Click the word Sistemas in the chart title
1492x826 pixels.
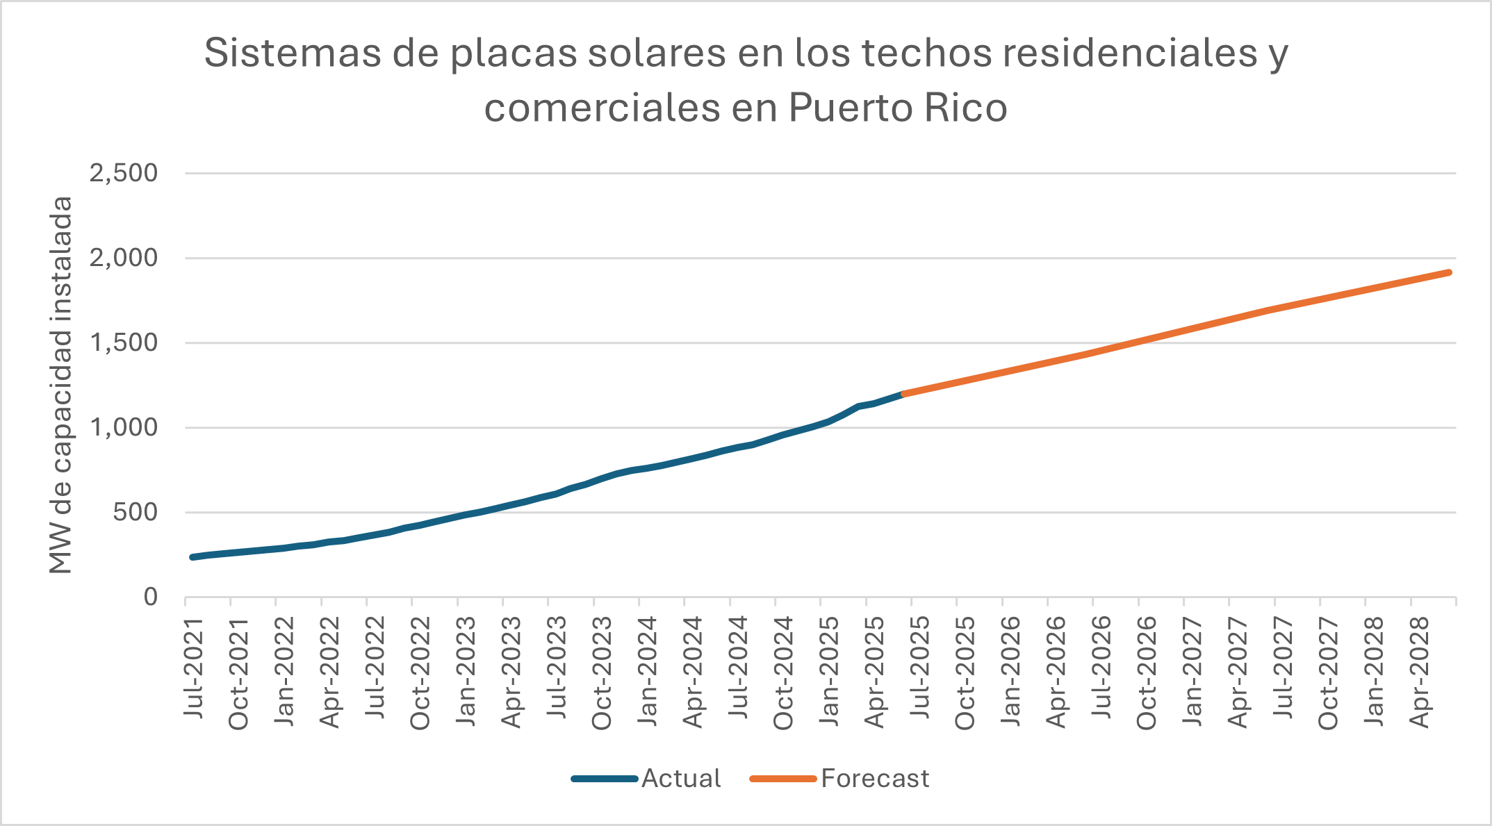click(292, 53)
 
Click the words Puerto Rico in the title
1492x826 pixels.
click(897, 108)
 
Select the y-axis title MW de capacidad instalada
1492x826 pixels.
click(61, 385)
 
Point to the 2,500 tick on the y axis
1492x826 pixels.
click(124, 173)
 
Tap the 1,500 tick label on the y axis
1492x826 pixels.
click(124, 342)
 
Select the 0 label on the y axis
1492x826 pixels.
click(150, 597)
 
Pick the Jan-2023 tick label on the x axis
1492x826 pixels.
click(466, 671)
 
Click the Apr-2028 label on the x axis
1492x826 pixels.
click(1420, 671)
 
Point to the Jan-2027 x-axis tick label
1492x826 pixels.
click(1192, 671)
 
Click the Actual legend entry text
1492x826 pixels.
click(681, 779)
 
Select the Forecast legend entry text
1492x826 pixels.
click(875, 779)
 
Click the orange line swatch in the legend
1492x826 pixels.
click(783, 779)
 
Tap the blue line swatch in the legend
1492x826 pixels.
click(605, 779)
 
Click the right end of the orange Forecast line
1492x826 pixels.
click(1449, 272)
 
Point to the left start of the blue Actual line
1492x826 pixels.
click(193, 557)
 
